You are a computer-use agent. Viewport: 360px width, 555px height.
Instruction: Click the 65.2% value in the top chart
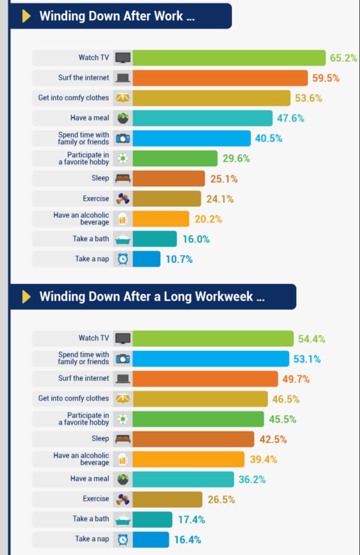point(343,58)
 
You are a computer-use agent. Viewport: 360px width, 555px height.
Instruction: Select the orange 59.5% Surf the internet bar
point(220,78)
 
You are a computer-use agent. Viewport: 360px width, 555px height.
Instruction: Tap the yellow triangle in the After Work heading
point(26,16)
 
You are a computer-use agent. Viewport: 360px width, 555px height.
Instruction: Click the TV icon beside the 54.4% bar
point(123,339)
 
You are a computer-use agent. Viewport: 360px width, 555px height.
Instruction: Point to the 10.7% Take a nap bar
point(146,259)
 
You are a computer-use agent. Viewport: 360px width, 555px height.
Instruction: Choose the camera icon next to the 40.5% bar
point(123,138)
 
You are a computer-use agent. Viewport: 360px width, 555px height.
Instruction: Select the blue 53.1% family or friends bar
point(211,359)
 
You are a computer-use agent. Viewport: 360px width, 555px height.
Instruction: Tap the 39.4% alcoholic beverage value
point(263,460)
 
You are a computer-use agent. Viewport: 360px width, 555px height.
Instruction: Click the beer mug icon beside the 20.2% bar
point(123,219)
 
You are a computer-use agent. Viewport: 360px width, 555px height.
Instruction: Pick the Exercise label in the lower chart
point(96,499)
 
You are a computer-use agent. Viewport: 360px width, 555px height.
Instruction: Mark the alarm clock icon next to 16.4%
point(123,539)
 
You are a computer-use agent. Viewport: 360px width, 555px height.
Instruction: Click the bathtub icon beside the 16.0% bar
point(123,239)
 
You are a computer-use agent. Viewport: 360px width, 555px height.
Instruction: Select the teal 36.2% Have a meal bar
point(183,479)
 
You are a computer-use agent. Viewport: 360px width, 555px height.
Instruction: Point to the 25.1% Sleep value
point(223,179)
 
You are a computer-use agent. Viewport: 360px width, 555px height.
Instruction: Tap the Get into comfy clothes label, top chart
point(74,98)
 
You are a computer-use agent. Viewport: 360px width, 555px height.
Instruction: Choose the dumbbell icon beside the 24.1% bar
point(123,199)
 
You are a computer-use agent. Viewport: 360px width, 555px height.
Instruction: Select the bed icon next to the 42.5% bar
point(123,439)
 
